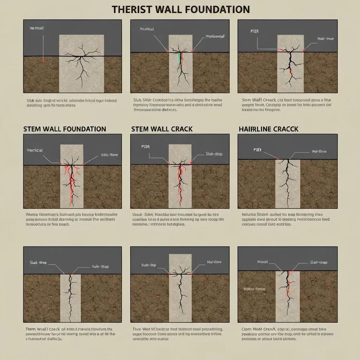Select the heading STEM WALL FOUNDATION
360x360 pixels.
pyautogui.click(x=65, y=129)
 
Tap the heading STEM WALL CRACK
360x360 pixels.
pyautogui.click(x=162, y=129)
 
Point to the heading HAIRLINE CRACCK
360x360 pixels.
pyautogui.click(x=268, y=129)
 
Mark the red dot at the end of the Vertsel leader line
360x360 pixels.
pyautogui.click(x=43, y=60)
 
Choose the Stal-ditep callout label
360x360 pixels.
pyautogui.click(x=214, y=154)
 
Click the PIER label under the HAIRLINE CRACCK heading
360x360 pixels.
pyautogui.click(x=258, y=149)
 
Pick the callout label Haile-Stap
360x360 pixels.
pyautogui.click(x=100, y=266)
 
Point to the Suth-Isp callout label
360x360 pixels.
pyautogui.click(x=148, y=265)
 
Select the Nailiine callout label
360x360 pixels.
pyautogui.click(x=214, y=262)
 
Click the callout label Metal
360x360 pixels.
pyautogui.click(x=263, y=262)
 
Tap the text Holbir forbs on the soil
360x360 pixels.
pyautogui.click(x=255, y=289)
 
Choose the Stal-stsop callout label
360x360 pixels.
pyautogui.click(x=319, y=262)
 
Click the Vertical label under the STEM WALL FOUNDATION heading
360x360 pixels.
pyautogui.click(x=34, y=150)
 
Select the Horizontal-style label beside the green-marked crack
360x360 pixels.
pyautogui.click(x=215, y=36)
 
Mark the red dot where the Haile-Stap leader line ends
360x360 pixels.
pyautogui.click(x=73, y=273)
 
